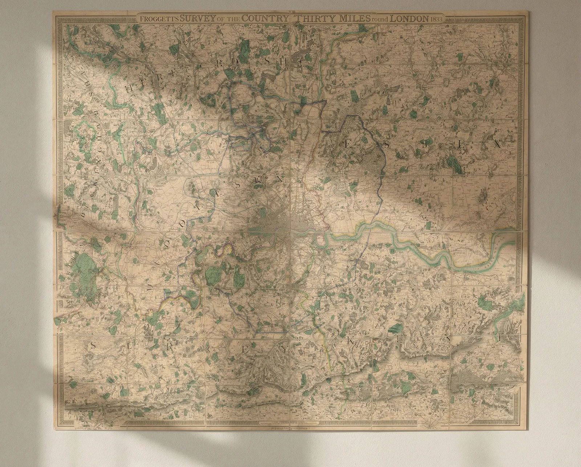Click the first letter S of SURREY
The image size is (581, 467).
click(x=93, y=345)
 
